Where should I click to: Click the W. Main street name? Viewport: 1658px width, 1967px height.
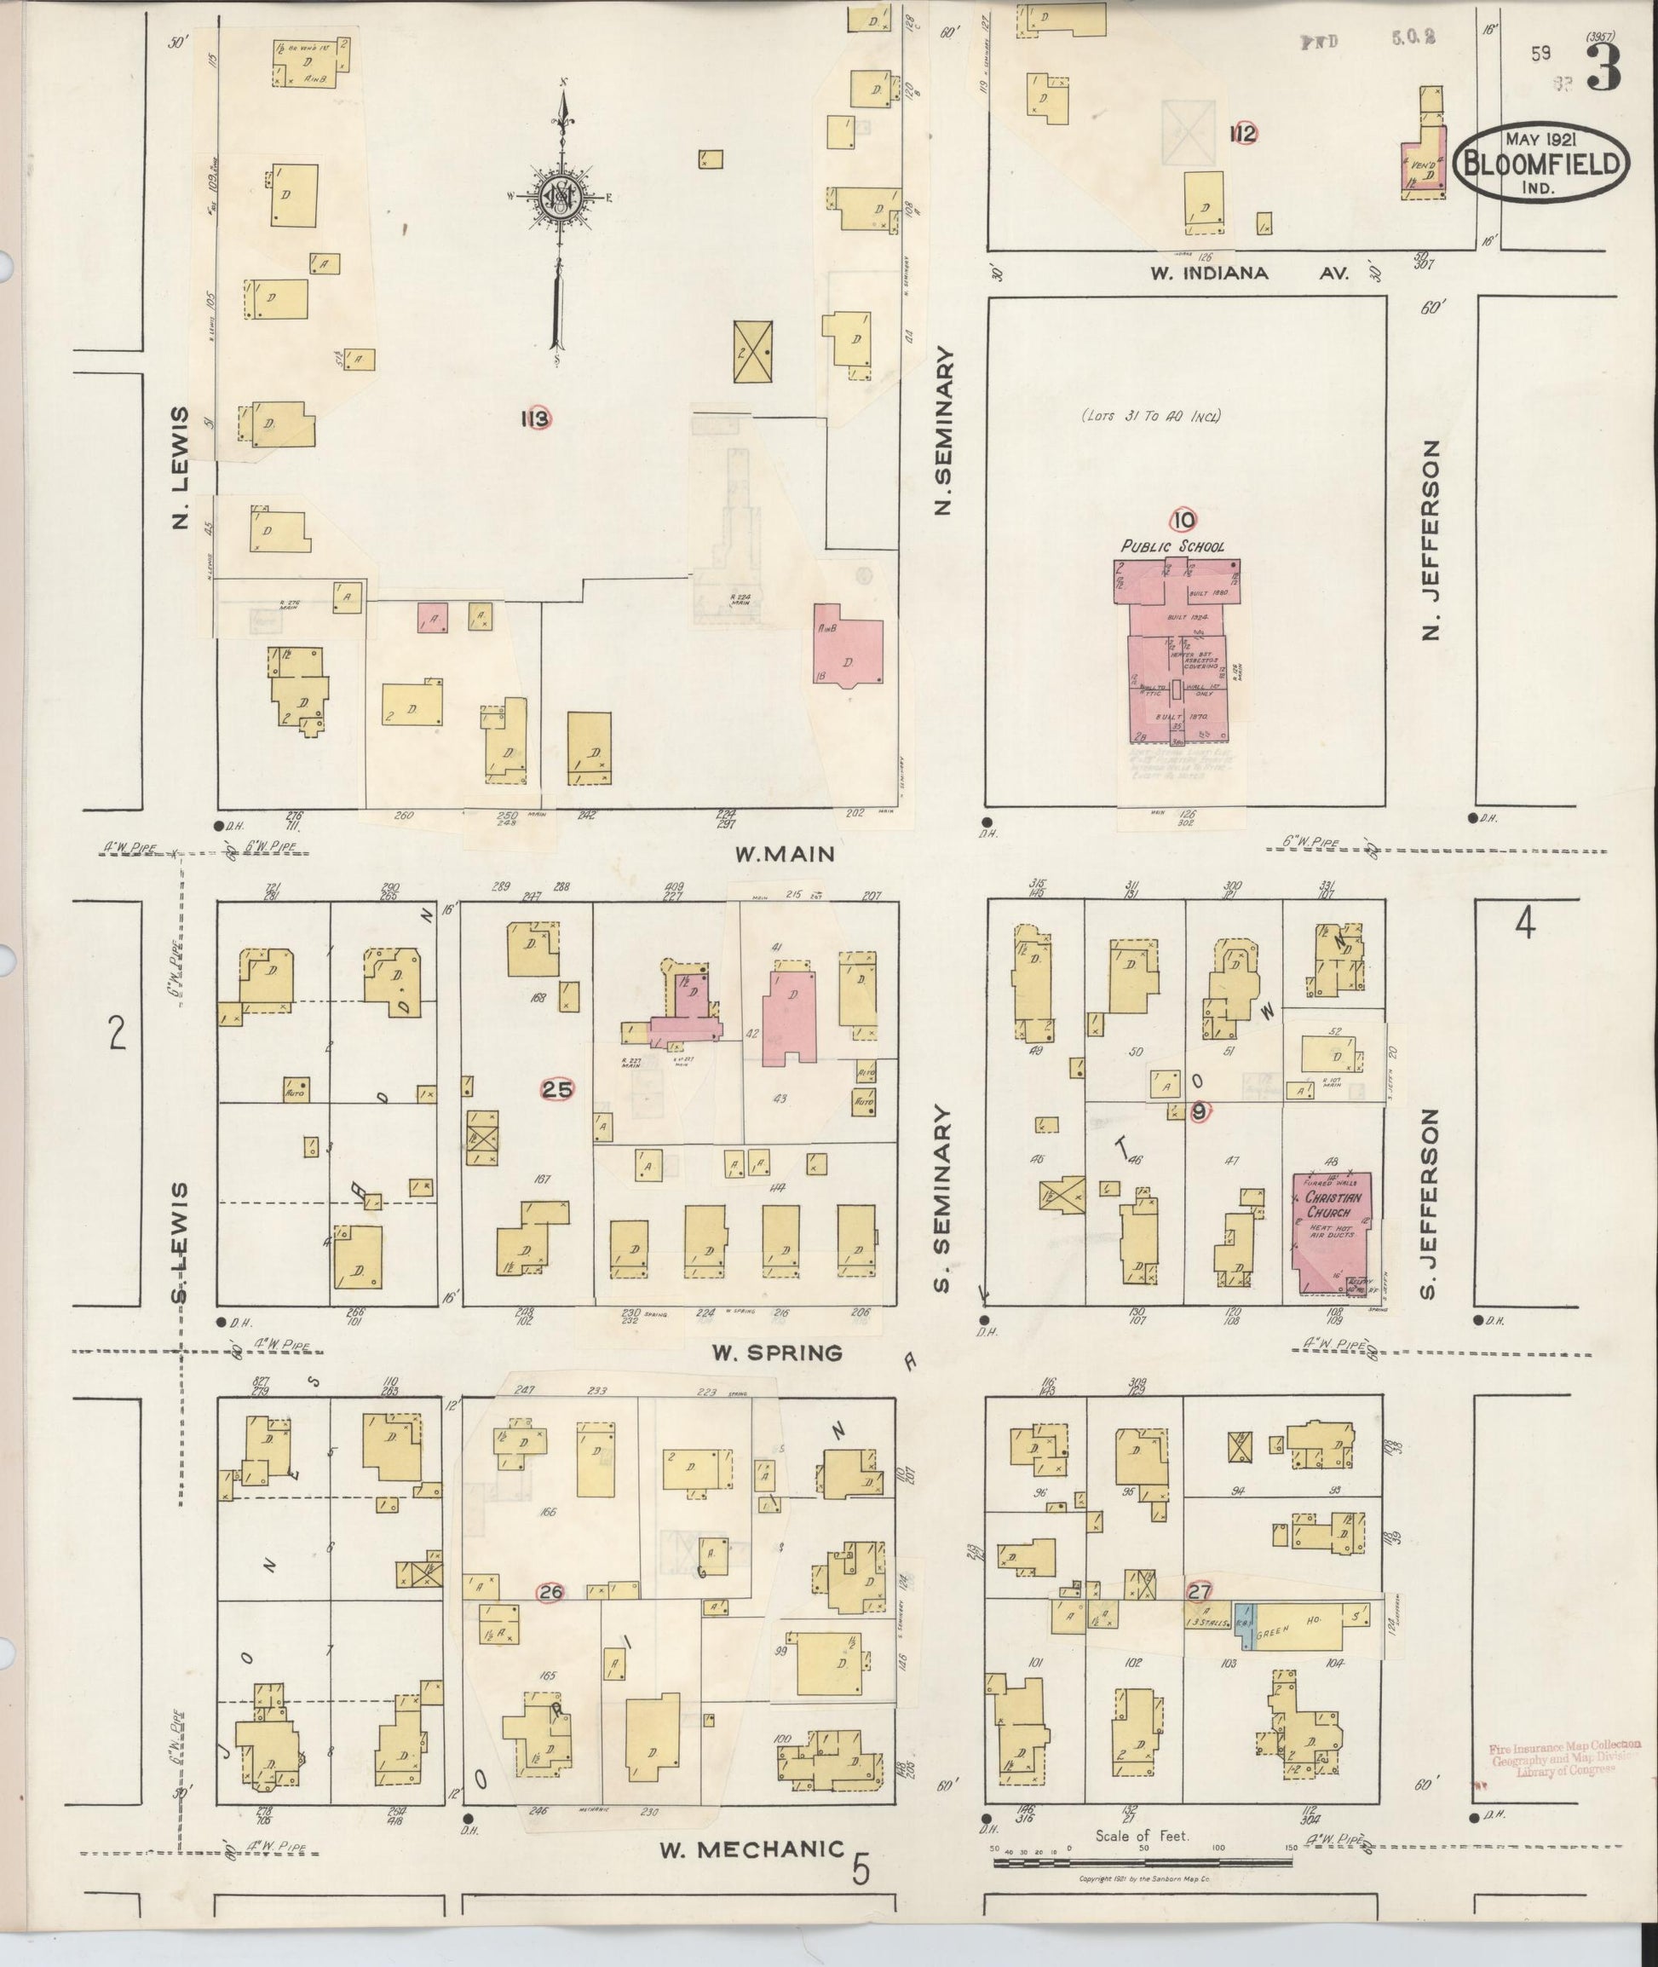(786, 854)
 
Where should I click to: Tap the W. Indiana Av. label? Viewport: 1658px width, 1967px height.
(1250, 274)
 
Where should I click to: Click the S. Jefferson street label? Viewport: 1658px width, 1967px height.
(1431, 1204)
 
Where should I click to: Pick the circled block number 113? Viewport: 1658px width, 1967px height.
(535, 418)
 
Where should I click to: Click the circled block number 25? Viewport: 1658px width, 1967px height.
(557, 1090)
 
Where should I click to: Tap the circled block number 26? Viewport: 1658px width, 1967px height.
(550, 1592)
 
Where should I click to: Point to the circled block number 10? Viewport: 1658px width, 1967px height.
(1183, 519)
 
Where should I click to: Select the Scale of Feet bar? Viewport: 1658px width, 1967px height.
(1141, 1860)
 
